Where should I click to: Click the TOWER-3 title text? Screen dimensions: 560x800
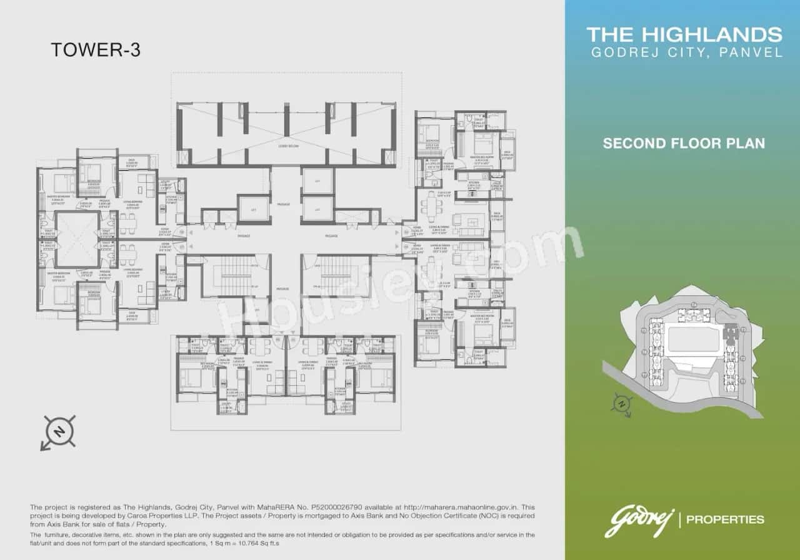click(95, 50)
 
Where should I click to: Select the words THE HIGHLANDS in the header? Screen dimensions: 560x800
click(684, 34)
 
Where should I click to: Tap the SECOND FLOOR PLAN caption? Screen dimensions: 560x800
click(683, 143)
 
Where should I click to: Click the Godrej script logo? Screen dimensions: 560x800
click(637, 521)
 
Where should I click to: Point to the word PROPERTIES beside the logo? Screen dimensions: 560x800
click(725, 519)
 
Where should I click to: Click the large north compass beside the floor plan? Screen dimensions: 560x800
click(60, 431)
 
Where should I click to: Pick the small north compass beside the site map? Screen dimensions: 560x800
click(621, 404)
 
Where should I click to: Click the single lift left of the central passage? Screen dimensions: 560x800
click(254, 208)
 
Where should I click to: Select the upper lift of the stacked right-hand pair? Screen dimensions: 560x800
click(317, 181)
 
